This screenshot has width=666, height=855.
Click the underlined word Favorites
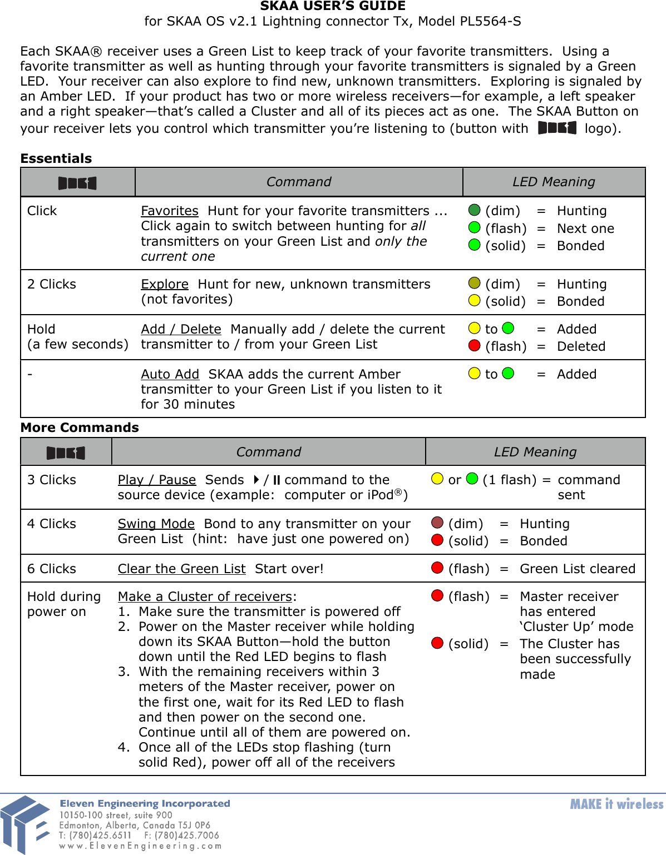tap(169, 211)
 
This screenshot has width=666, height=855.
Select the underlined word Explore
tap(164, 285)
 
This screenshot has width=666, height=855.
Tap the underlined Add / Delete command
tap(181, 330)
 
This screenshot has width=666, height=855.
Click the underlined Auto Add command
tap(170, 375)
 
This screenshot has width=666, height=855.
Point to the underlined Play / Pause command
tap(156, 480)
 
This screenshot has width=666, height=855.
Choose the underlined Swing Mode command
tap(156, 524)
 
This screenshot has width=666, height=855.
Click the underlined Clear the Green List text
tap(181, 569)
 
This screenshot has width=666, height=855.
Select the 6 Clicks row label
tap(51, 569)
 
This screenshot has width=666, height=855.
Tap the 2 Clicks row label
tap(51, 285)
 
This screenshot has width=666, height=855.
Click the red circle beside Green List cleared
tap(437, 568)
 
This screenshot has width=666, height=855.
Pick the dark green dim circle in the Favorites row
tap(474, 210)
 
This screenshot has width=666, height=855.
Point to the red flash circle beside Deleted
tap(474, 346)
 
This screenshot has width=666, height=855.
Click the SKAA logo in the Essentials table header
tap(77, 183)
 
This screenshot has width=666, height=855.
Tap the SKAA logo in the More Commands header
tap(66, 453)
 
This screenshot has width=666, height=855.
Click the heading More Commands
tap(80, 428)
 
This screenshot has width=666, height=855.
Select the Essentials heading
tap(56, 159)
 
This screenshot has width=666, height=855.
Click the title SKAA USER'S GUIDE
tap(333, 7)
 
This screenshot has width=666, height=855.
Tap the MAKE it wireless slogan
tap(616, 804)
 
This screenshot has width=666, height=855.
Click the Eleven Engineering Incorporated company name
tap(145, 804)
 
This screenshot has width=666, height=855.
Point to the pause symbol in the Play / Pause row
tap(277, 480)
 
